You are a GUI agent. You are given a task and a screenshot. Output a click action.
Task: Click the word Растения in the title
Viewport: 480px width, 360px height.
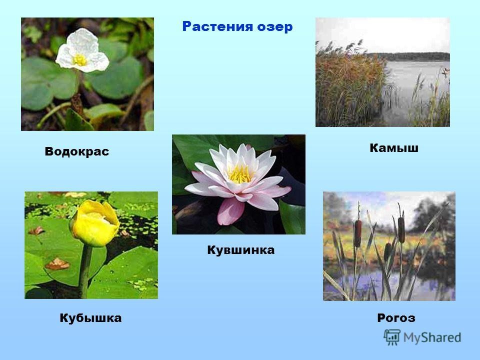coord(217,26)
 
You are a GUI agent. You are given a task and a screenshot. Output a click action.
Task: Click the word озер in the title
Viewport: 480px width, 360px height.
coord(275,27)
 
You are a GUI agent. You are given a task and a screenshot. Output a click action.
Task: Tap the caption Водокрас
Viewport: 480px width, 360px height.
coord(77,151)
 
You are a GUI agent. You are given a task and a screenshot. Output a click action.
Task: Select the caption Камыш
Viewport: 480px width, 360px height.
coord(394,148)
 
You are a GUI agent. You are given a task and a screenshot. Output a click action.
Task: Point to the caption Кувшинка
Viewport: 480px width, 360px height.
coord(240,250)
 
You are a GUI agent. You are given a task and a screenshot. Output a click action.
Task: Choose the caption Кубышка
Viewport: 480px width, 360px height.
coord(90,318)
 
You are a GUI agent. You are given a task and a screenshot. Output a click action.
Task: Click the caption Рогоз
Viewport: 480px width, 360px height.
coord(396,318)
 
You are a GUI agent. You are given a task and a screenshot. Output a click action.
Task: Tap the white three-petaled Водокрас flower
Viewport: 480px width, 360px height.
coord(82,51)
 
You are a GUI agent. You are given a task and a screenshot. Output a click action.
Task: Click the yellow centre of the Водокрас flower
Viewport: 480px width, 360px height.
coord(80,60)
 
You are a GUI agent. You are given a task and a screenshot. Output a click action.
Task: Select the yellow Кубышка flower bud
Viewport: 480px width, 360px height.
coord(94,223)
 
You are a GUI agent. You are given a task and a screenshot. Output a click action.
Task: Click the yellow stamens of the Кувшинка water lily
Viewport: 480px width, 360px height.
coord(240,174)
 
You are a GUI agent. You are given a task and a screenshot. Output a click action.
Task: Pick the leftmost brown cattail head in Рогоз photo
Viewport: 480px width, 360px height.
coord(357,233)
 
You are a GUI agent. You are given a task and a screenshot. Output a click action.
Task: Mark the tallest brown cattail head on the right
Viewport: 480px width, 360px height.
coord(401,229)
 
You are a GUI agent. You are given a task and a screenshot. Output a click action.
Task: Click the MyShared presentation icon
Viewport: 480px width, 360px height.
coord(392,337)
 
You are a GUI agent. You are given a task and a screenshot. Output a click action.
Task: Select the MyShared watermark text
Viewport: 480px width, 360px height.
coord(432,337)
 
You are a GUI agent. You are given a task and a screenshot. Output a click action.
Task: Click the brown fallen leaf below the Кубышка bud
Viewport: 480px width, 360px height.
coord(57,264)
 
